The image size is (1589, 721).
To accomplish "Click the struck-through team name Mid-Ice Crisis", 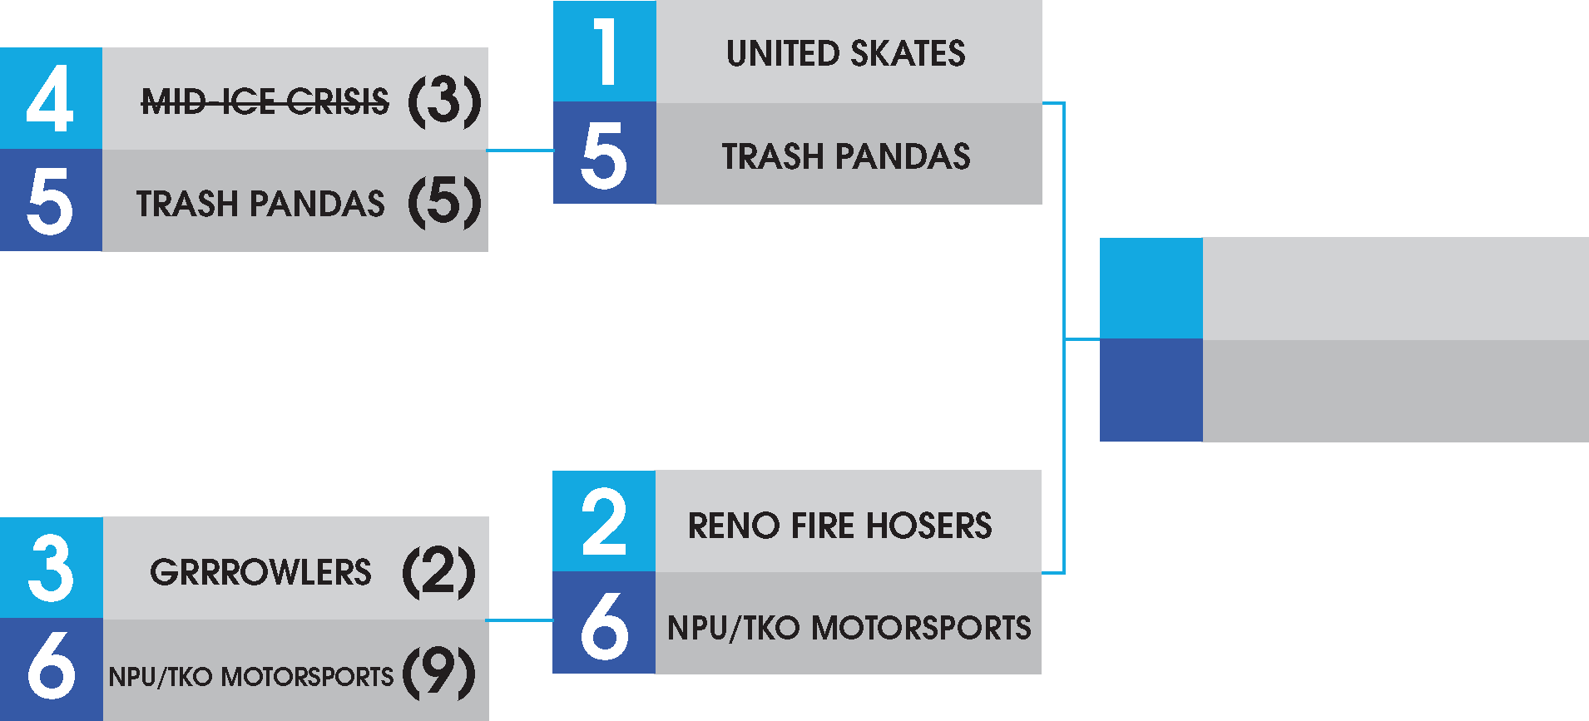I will pos(265,102).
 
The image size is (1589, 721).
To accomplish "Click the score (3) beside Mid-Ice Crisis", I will pos(444,101).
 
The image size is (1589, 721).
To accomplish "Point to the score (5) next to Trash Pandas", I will pos(444,202).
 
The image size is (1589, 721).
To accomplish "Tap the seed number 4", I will pos(50,99).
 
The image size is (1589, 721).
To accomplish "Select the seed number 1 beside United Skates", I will pos(605,52).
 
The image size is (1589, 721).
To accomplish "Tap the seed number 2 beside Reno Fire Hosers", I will pos(604,522).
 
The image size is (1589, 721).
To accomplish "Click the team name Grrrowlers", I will pos(260,572).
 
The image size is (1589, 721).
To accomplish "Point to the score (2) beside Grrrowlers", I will pos(438,572).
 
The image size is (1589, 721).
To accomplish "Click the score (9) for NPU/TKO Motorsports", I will pos(439,673).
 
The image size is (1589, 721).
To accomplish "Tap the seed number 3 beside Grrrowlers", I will pos(51,569).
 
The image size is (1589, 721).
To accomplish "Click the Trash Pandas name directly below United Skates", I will pos(846,156).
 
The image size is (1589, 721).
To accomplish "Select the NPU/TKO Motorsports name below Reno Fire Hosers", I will pos(849,628).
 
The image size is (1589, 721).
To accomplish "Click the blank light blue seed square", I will pos(1151,289).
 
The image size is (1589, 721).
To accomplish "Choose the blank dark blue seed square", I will pos(1151,390).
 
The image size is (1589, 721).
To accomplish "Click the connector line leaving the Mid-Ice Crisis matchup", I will pos(520,151).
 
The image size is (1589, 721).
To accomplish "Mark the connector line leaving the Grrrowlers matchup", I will pos(520,620).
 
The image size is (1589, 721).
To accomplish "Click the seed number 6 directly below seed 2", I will pos(604,625).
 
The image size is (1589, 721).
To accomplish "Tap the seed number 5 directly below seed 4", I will pos(50,201).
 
